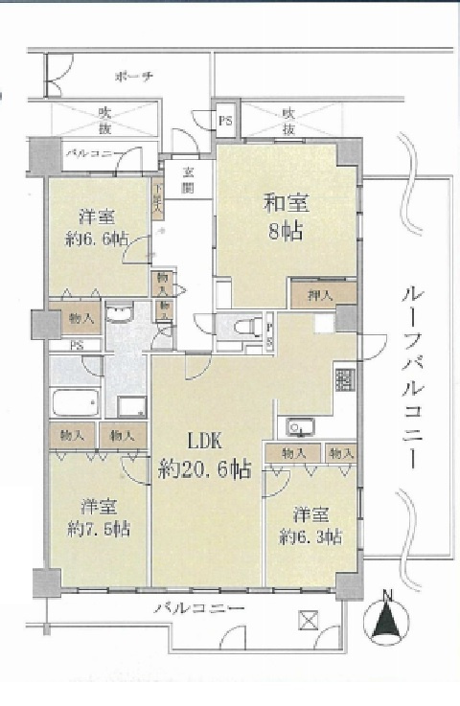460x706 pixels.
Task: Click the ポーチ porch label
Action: coord(132,76)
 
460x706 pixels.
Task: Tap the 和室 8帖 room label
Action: coord(285,216)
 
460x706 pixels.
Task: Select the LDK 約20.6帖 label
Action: coord(205,455)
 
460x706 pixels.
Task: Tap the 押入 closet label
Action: coord(323,294)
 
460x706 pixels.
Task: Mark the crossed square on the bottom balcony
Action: coord(310,620)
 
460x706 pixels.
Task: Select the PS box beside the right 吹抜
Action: coord(225,122)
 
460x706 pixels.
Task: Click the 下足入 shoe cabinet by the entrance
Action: coord(159,196)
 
